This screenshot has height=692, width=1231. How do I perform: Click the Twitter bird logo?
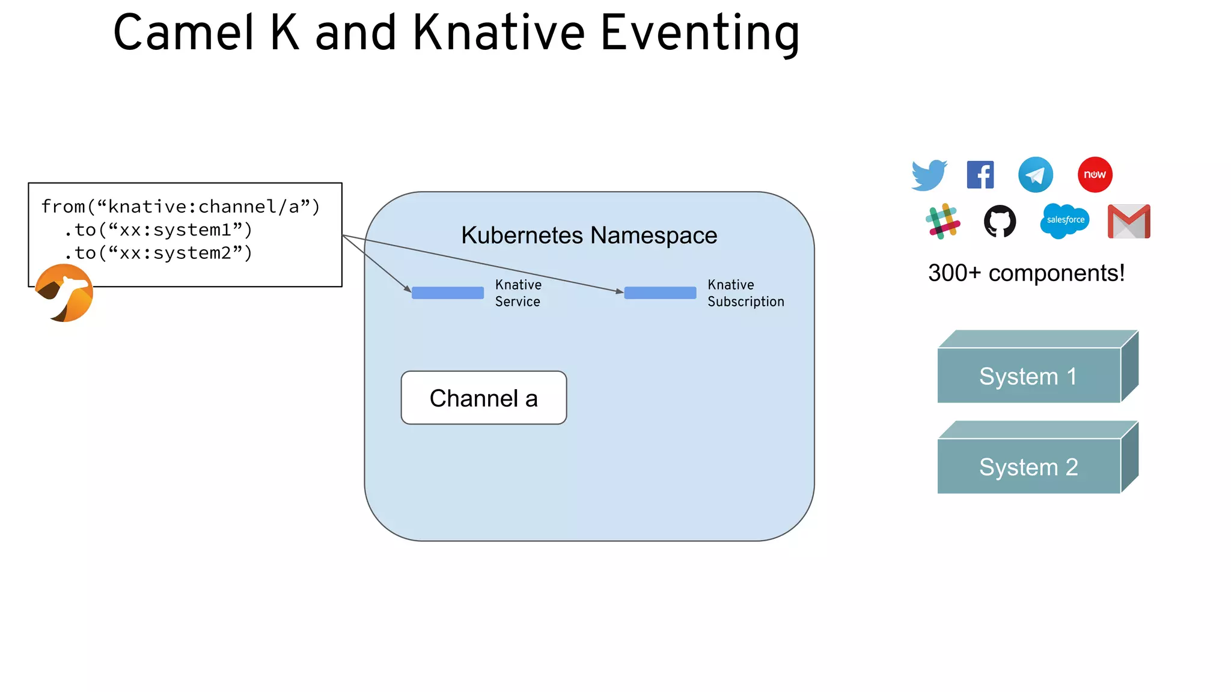(x=929, y=175)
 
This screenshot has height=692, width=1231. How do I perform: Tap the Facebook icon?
(x=980, y=175)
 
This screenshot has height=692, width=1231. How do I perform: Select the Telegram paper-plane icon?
(x=1035, y=175)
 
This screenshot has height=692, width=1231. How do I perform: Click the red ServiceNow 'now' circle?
(x=1095, y=175)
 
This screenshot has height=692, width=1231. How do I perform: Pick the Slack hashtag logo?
(x=942, y=221)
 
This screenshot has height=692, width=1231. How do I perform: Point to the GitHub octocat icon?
(x=1000, y=221)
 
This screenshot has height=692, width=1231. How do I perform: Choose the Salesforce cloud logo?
(x=1065, y=220)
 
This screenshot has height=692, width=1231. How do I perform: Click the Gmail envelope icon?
(x=1129, y=222)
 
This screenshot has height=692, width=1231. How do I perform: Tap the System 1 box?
(x=1028, y=376)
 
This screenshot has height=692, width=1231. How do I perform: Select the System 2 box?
(x=1028, y=467)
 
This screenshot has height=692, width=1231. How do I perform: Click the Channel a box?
(x=484, y=398)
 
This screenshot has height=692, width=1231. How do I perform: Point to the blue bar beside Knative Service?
(x=448, y=293)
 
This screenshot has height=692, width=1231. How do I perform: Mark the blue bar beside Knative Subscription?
(x=660, y=293)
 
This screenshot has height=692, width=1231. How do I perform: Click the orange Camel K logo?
(x=64, y=293)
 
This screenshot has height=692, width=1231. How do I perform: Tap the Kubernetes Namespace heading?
(x=589, y=235)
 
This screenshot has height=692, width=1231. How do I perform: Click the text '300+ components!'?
(x=1026, y=273)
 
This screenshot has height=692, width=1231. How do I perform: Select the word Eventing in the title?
(x=700, y=34)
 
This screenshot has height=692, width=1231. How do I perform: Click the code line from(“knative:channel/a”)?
(x=180, y=207)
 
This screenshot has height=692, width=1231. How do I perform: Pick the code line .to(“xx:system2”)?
(x=158, y=253)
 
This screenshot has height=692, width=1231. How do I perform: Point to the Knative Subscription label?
(x=745, y=293)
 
